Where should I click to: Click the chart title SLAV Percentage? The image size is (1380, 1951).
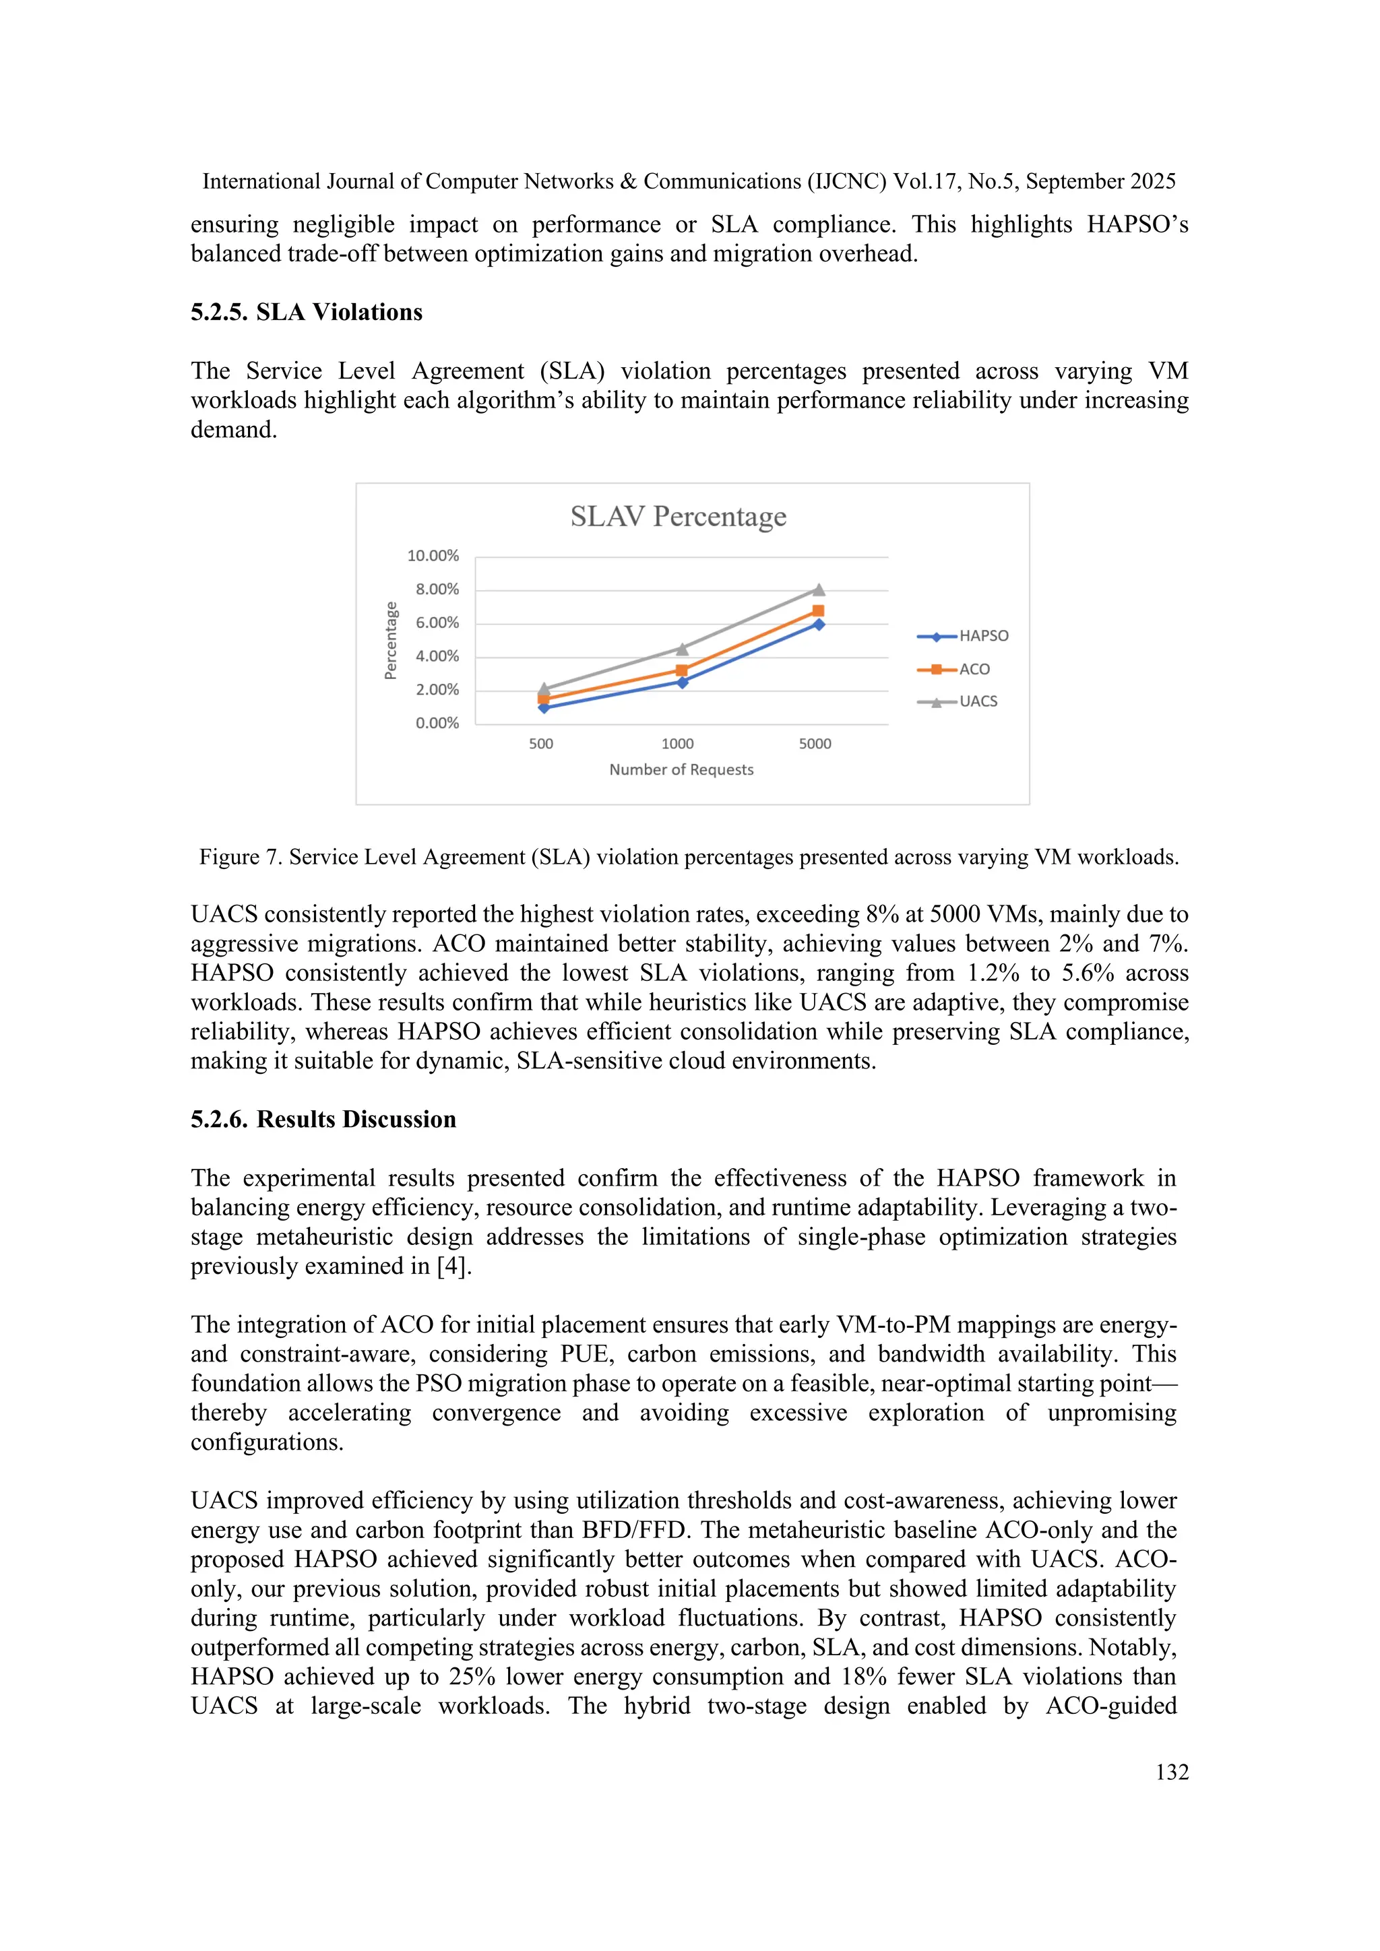tap(678, 517)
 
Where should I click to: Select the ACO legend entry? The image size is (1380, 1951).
tap(974, 670)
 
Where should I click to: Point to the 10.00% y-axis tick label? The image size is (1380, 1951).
tap(433, 556)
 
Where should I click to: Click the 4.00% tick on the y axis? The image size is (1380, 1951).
tap(437, 656)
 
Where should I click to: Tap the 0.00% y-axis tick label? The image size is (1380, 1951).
tap(437, 723)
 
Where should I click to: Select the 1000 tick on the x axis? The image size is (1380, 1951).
tap(677, 744)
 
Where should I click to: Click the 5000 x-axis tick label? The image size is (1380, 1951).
tap(815, 744)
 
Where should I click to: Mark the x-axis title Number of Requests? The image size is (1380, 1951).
tap(681, 770)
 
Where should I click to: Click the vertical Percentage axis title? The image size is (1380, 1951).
tap(391, 641)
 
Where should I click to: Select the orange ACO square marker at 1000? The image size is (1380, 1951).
tap(681, 670)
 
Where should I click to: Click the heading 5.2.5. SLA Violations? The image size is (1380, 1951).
tap(306, 313)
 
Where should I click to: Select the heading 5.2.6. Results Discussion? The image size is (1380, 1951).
tap(323, 1119)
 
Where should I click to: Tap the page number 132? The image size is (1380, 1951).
tap(1172, 1772)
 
